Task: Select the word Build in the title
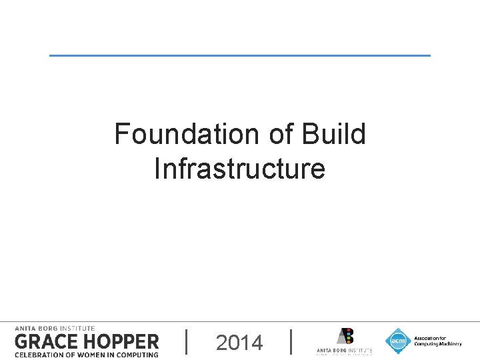[x=334, y=134]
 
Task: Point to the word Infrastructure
[x=239, y=169]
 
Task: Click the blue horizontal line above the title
[x=240, y=55]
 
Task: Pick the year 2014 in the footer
[x=239, y=343]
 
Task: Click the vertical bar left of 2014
[x=186, y=341]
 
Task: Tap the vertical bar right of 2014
[x=292, y=341]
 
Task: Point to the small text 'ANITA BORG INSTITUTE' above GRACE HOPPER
[x=55, y=328]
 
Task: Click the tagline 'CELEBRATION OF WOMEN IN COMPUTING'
[x=87, y=355]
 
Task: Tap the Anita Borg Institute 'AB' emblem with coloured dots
[x=344, y=337]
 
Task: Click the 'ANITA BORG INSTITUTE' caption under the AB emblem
[x=344, y=351]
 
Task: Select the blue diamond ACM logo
[x=398, y=341]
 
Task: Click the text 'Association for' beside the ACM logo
[x=430, y=338]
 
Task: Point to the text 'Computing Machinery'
[x=437, y=344]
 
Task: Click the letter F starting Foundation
[x=121, y=134]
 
